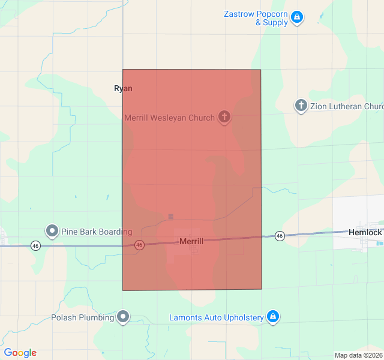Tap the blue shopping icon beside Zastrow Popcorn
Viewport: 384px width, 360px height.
[296, 18]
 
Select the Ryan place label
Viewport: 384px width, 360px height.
[123, 88]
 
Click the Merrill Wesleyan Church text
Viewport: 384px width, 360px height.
[169, 118]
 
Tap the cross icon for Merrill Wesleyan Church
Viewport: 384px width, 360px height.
[224, 117]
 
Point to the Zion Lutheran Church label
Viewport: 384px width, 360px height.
[347, 106]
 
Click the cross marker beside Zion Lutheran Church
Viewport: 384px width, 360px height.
[301, 106]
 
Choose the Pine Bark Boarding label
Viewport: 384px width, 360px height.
[96, 232]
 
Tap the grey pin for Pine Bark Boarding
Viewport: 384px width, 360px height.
[52, 230]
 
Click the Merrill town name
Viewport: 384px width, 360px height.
[191, 241]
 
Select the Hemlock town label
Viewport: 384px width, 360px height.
[365, 232]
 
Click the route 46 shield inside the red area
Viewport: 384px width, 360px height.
[139, 245]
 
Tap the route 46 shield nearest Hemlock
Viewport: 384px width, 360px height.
[280, 236]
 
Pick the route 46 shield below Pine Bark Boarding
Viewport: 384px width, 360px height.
[36, 245]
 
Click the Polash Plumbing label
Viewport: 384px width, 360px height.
[82, 317]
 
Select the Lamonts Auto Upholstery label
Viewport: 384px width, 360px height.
[217, 317]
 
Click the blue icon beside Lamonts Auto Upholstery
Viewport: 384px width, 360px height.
[273, 316]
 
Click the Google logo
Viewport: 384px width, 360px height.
[20, 353]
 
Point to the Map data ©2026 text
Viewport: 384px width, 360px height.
[358, 355]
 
